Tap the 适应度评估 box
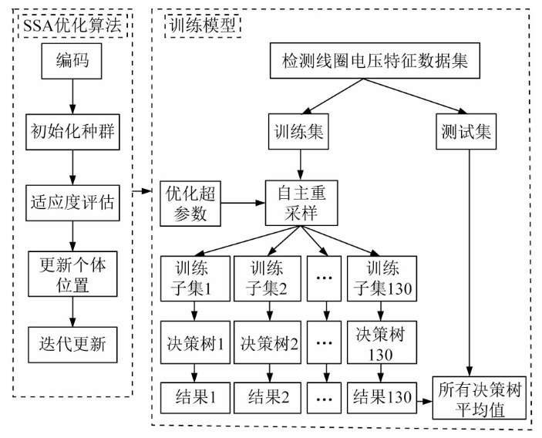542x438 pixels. click(71, 202)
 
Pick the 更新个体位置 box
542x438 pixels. click(71, 275)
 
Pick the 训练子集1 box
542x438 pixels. click(193, 277)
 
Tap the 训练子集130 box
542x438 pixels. click(380, 277)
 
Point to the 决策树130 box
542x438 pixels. click(380, 342)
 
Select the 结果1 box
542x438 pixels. click(193, 399)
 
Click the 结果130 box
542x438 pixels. click(380, 399)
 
